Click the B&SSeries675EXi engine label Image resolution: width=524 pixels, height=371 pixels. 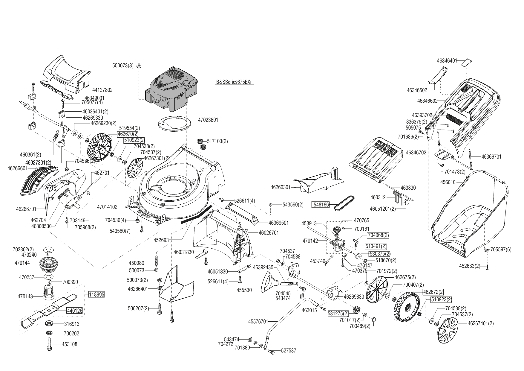coord(235,82)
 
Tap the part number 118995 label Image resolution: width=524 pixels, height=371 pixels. coord(96,294)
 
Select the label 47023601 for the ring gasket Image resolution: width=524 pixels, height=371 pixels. coord(208,120)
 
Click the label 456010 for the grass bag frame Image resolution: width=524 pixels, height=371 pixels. coord(448,182)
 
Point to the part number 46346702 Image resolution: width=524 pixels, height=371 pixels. coord(416,153)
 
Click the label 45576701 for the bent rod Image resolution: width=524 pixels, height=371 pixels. coord(258,322)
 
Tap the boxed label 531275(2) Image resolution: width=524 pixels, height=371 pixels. coord(338,314)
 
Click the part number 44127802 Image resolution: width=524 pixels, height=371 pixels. coord(102,90)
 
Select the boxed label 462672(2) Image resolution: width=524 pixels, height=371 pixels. coord(433,292)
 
